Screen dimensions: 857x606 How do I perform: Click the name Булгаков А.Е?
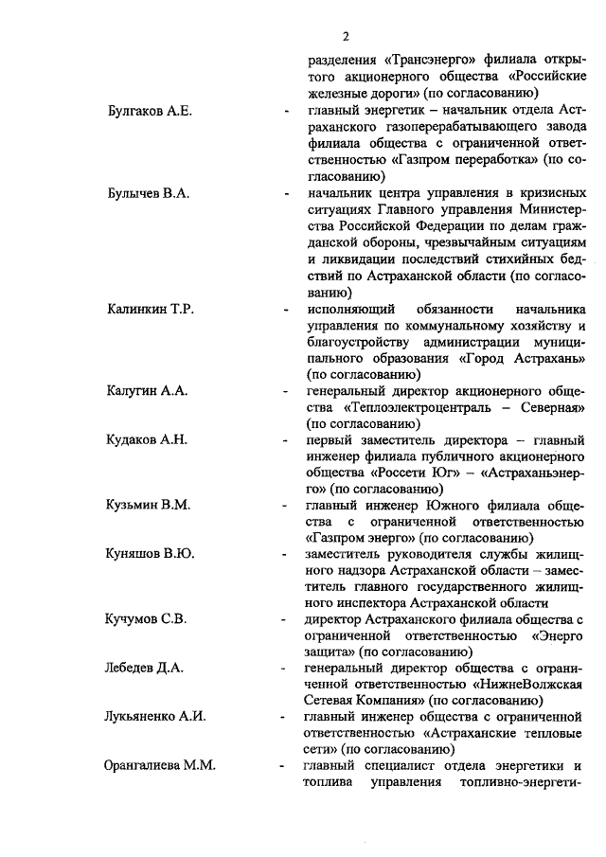tap(151, 112)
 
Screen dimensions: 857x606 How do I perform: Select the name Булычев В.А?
tap(149, 192)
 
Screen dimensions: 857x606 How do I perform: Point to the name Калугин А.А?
tap(147, 390)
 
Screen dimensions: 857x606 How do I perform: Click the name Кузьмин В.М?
tap(149, 506)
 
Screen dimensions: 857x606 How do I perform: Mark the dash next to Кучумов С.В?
tap(287, 620)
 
